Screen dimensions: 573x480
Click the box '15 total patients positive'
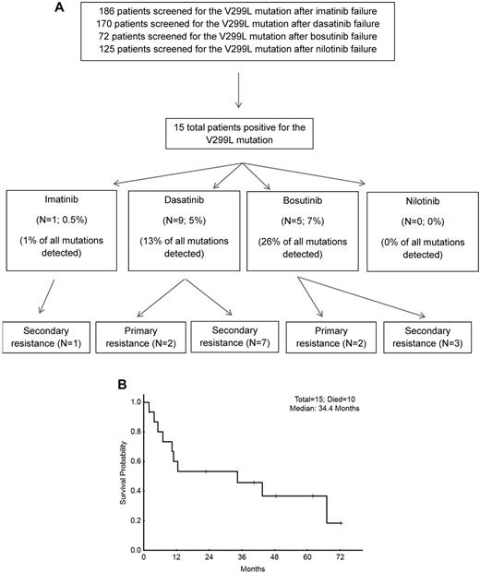click(241, 133)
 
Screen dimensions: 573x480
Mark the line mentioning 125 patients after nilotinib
click(241, 59)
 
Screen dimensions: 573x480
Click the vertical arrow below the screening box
click(241, 92)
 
